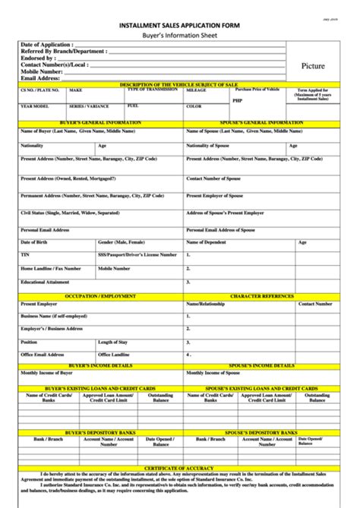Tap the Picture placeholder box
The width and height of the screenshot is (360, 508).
[x=313, y=66]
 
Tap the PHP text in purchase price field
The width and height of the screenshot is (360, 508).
[x=238, y=99]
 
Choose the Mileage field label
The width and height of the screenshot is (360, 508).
[x=197, y=90]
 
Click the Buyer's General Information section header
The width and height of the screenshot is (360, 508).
[x=101, y=122]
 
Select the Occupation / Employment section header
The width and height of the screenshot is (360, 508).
[x=101, y=295]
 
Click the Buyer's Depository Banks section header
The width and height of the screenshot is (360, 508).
[x=101, y=431]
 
